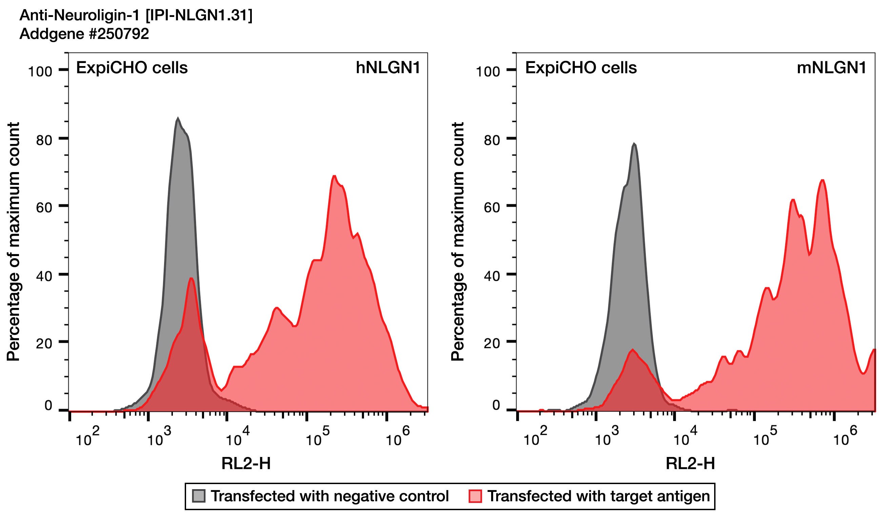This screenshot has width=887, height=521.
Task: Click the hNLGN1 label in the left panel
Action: pyautogui.click(x=388, y=67)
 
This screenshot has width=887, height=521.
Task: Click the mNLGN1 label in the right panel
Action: pyautogui.click(x=831, y=67)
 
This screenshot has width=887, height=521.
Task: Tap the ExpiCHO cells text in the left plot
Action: pyautogui.click(x=132, y=67)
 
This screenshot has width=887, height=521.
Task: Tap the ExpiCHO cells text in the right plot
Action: pyautogui.click(x=581, y=67)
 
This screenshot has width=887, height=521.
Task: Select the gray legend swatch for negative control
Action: pyautogui.click(x=199, y=496)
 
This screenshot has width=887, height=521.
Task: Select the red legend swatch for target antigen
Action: pyautogui.click(x=475, y=496)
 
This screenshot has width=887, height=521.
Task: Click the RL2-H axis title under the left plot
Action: pyautogui.click(x=246, y=464)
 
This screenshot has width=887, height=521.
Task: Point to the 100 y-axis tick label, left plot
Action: pyautogui.click(x=40, y=72)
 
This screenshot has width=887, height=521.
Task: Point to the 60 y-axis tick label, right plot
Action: pyautogui.click(x=492, y=208)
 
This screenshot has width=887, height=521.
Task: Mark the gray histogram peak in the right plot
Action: pyautogui.click(x=634, y=144)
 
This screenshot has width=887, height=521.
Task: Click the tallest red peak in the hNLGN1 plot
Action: pyautogui.click(x=334, y=176)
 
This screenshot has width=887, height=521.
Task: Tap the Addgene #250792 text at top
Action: pyautogui.click(x=84, y=34)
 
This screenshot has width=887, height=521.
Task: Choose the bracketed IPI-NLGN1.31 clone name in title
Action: pyautogui.click(x=199, y=15)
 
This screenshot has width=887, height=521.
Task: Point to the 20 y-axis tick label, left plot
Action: pyautogui.click(x=44, y=343)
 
